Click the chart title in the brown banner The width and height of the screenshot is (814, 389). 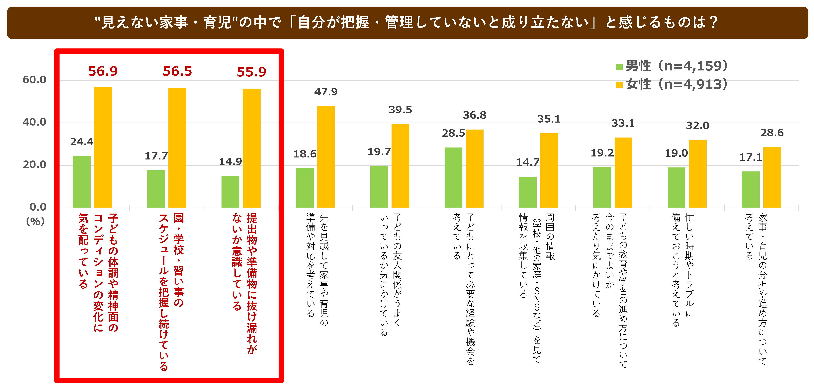(x=407, y=22)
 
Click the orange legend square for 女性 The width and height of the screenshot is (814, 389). (x=619, y=85)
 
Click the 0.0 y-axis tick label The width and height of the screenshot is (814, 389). (x=38, y=207)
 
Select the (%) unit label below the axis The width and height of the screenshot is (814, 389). (x=35, y=221)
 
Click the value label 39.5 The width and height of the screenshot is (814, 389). (x=400, y=110)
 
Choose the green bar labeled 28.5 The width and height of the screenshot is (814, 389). (x=453, y=178)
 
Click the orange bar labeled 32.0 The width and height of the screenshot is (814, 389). (x=698, y=174)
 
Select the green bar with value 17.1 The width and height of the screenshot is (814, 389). (x=751, y=190)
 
